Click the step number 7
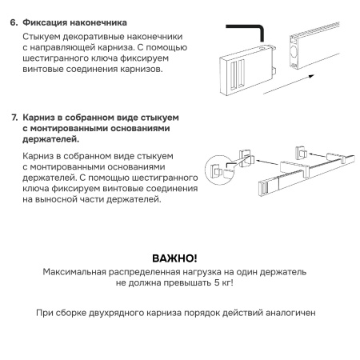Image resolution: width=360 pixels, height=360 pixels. (14, 117)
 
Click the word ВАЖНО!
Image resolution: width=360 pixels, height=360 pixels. (174, 258)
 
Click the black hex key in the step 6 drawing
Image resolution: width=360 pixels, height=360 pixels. (248, 32)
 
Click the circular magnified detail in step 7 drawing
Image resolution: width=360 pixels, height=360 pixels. (217, 170)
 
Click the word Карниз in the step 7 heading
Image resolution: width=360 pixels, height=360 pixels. (41, 117)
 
